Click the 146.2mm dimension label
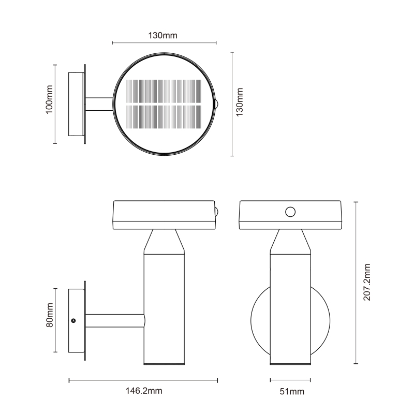[144, 391]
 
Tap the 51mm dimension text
[292, 391]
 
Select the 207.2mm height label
[367, 282]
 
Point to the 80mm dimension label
[49, 315]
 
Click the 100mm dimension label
[49, 99]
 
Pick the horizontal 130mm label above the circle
[162, 35]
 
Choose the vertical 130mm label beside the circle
[239, 102]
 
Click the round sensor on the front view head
[290, 212]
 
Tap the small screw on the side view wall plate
[73, 320]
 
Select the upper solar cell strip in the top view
[164, 92]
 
